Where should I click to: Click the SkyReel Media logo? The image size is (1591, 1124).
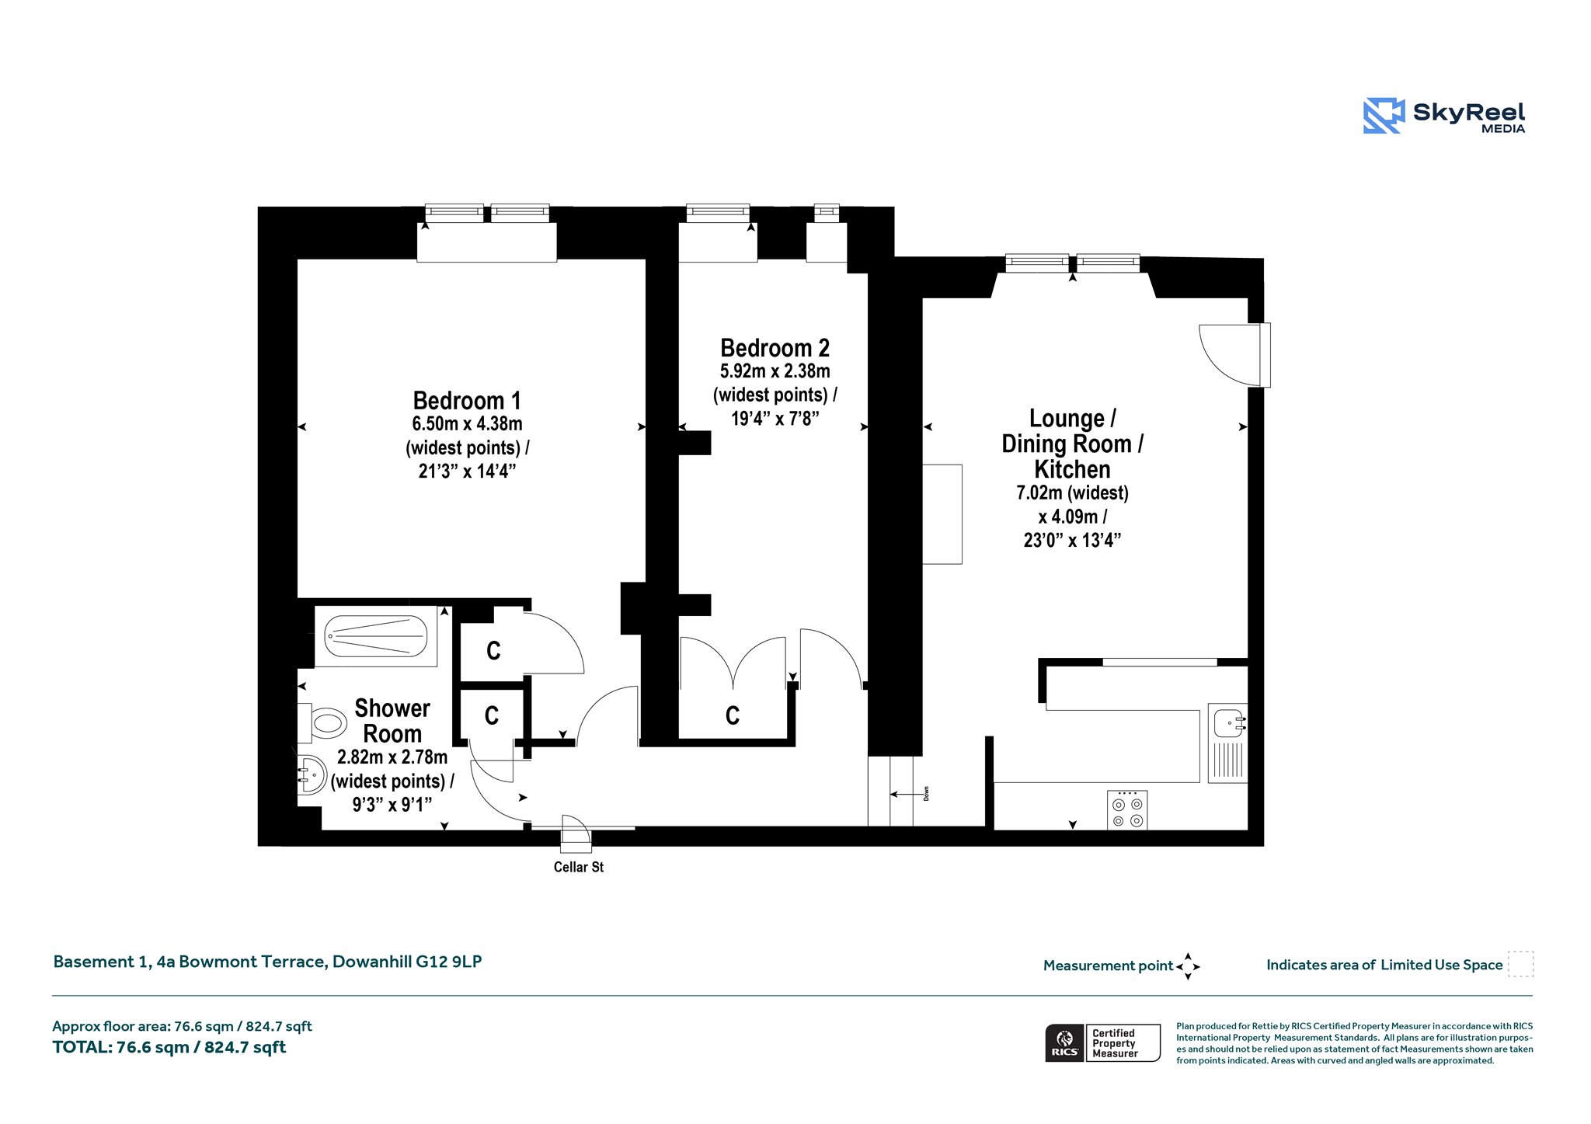[1444, 116]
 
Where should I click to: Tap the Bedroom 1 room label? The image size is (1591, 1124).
[467, 401]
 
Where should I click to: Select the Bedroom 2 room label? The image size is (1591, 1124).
[775, 348]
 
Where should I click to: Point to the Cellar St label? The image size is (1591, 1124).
[578, 867]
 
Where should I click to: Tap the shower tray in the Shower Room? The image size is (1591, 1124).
[376, 636]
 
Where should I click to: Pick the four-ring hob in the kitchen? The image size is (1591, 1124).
[1127, 810]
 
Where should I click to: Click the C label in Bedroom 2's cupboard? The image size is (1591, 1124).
[733, 715]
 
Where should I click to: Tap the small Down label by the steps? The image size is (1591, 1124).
[926, 794]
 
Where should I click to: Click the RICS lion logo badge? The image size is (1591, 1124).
[1064, 1042]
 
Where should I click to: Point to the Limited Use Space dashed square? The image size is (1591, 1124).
[1520, 964]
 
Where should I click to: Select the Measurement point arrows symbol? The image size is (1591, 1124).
[1188, 966]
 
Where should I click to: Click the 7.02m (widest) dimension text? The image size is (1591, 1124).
[1072, 492]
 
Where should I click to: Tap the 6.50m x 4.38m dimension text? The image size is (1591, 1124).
[467, 424]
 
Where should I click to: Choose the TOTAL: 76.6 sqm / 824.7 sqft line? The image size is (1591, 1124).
[169, 1047]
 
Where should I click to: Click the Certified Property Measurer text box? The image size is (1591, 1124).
[1123, 1042]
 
